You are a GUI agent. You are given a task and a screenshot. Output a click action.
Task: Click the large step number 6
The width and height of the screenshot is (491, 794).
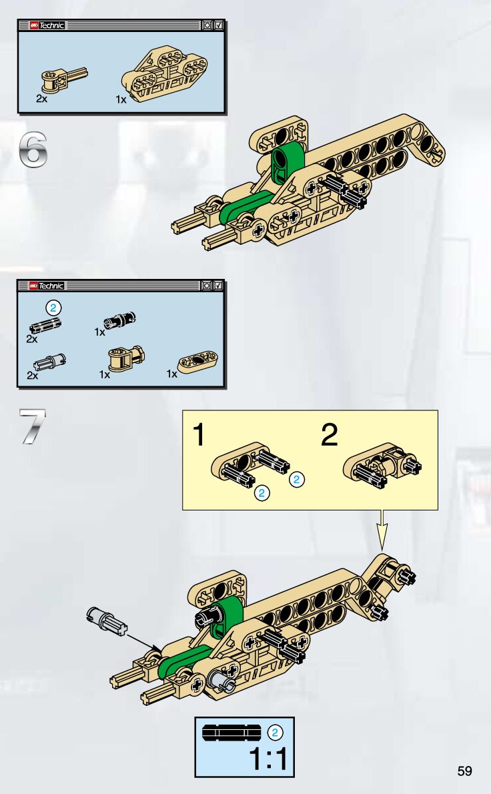[33, 149]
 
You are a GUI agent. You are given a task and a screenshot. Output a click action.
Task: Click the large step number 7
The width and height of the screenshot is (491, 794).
[33, 426]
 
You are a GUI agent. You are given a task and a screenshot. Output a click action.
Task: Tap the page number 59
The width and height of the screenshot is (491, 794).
[464, 771]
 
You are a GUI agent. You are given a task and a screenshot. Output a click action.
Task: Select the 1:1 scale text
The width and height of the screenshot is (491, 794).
[269, 759]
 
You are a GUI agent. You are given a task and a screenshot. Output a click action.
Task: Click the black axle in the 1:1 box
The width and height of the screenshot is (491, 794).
[231, 733]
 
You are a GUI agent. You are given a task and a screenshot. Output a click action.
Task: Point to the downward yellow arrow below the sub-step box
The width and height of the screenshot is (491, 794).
[382, 530]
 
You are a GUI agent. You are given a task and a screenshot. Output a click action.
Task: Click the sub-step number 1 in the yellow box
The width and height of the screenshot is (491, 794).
[199, 434]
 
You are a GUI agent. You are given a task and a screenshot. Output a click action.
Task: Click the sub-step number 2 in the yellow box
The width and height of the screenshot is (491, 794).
[329, 434]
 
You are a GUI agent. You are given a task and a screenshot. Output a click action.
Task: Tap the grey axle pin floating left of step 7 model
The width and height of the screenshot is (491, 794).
[106, 620]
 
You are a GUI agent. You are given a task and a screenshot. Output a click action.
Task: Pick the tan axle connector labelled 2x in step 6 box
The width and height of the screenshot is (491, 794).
[64, 80]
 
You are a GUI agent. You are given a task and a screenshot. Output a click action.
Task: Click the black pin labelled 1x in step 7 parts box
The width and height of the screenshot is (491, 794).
[119, 320]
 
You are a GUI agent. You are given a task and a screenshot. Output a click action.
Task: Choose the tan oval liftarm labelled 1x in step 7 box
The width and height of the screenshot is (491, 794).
[198, 360]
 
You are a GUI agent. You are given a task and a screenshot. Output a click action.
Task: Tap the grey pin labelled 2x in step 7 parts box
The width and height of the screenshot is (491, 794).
[49, 362]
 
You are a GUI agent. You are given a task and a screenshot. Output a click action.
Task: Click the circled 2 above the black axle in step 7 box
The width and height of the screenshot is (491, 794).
[53, 308]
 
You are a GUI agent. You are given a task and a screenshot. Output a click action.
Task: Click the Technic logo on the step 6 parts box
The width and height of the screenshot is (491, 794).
[47, 25]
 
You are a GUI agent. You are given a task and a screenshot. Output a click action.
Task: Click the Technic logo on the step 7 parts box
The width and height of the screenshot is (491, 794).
[47, 286]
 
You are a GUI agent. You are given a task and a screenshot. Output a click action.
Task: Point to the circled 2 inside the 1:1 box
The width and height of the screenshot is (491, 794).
[275, 732]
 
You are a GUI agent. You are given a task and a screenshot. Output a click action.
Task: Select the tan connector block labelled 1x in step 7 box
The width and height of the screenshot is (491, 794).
[127, 358]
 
